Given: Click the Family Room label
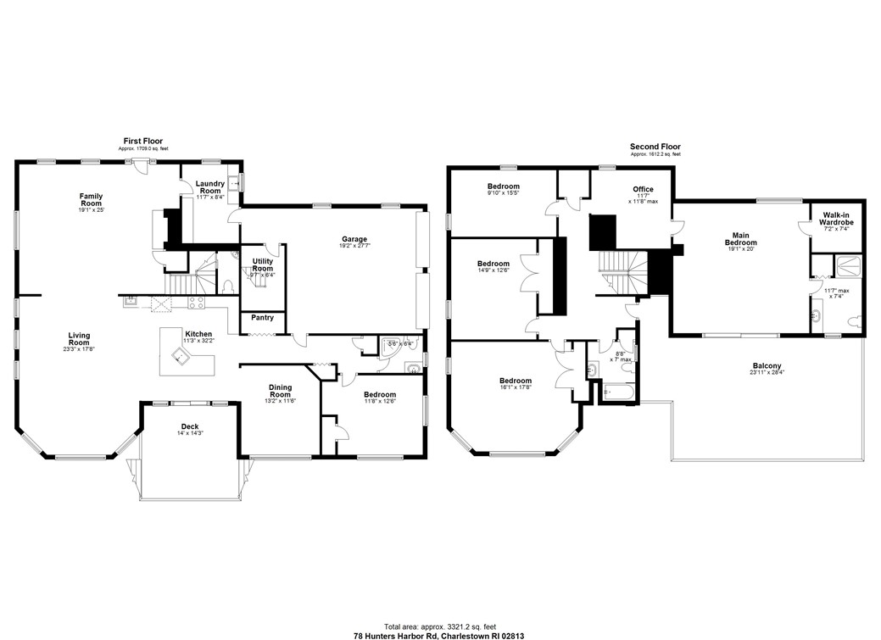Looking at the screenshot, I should (91, 200).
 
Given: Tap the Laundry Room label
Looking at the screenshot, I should (209, 187).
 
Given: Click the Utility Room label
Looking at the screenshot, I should (262, 264).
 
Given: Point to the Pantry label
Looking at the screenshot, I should (261, 318).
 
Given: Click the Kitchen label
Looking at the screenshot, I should (198, 334).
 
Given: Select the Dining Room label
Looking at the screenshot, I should (280, 391).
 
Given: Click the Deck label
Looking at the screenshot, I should (191, 426).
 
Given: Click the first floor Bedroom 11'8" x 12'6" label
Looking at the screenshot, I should (379, 395).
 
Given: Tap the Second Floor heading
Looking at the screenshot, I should (655, 147).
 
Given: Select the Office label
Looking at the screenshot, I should (643, 189).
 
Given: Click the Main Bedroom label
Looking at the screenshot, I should (740, 239).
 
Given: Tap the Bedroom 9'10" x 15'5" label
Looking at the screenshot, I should (503, 186).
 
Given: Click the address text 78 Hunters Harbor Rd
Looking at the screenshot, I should (399, 632).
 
